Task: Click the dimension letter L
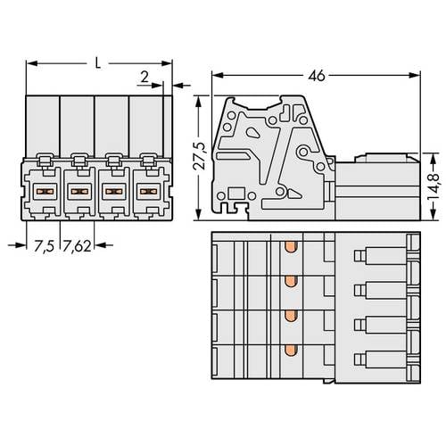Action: click(97, 63)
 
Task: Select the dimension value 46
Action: click(317, 76)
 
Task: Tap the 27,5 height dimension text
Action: click(200, 156)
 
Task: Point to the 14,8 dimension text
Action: click(434, 186)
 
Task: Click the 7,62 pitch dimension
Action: click(78, 246)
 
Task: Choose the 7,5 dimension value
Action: click(44, 246)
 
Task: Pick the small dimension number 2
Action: click(145, 78)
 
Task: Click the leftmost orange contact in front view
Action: click(45, 191)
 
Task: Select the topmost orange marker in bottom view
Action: click(291, 247)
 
